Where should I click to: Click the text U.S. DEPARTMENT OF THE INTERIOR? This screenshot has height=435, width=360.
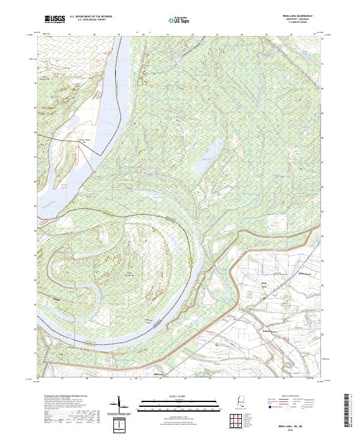click(90, 18)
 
